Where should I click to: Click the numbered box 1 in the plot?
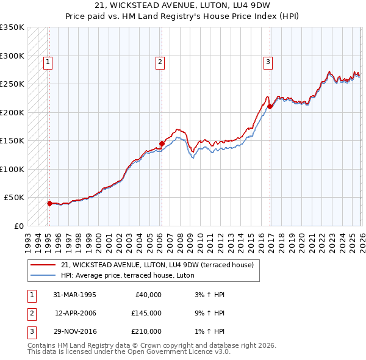click(x=48, y=61)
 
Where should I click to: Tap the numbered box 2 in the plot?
click(x=160, y=61)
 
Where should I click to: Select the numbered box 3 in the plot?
click(x=268, y=61)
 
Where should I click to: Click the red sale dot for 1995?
click(x=49, y=203)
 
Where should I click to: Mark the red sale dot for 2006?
click(x=162, y=144)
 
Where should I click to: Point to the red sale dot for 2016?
click(x=270, y=106)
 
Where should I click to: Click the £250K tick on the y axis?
click(x=12, y=84)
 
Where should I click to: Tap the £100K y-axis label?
click(x=12, y=169)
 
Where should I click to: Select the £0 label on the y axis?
click(x=18, y=226)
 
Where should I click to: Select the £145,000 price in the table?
click(x=146, y=313)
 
